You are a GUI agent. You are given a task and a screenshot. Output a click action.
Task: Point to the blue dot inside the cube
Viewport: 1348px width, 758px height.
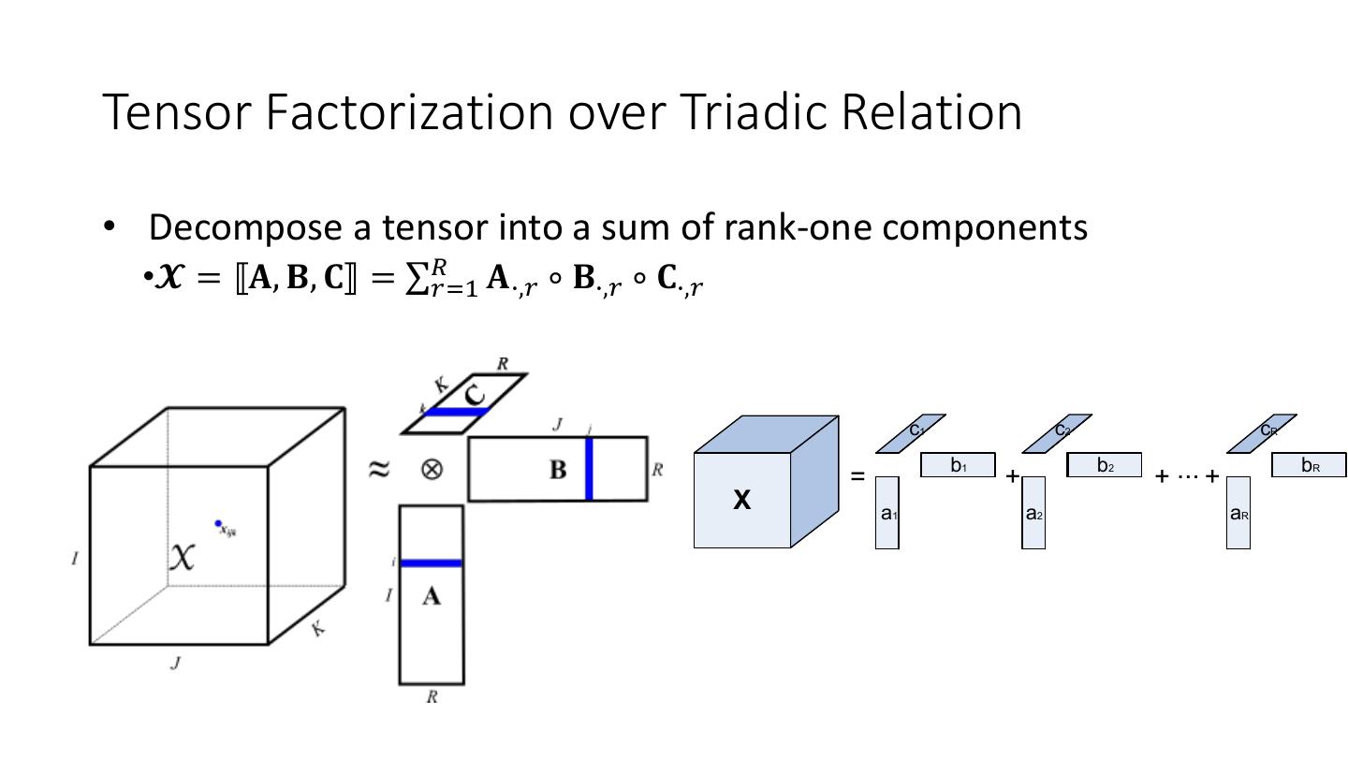(218, 523)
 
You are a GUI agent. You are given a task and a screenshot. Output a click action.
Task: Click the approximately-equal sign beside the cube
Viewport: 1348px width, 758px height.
(378, 468)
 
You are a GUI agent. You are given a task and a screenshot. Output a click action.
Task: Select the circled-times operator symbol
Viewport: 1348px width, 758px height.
(431, 468)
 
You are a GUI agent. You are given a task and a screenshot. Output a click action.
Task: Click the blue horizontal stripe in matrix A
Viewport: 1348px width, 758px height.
(432, 563)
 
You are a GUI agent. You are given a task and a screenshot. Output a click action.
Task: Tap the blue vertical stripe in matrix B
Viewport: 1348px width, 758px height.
(589, 468)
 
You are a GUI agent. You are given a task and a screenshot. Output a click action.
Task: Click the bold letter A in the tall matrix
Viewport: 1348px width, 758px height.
(431, 596)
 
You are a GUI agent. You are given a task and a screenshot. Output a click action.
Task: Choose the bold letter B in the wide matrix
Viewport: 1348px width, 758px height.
(558, 470)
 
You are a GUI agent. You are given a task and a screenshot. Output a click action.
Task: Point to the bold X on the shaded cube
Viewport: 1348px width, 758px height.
(741, 501)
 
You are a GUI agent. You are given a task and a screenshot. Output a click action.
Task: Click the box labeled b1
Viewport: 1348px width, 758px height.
(958, 465)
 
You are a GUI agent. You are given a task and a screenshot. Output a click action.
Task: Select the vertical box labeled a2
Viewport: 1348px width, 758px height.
(1033, 513)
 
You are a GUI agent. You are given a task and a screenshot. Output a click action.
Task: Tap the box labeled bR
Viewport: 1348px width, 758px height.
(1309, 465)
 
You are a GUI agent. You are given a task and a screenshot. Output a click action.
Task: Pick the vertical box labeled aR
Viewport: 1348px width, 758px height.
(1238, 513)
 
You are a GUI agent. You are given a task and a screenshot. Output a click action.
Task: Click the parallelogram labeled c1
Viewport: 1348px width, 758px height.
(911, 432)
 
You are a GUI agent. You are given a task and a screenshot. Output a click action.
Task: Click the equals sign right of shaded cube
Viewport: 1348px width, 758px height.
(857, 476)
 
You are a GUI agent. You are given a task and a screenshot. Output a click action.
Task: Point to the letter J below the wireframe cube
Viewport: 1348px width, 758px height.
(175, 663)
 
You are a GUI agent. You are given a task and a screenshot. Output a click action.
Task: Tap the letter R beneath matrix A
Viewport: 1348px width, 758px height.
(432, 697)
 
